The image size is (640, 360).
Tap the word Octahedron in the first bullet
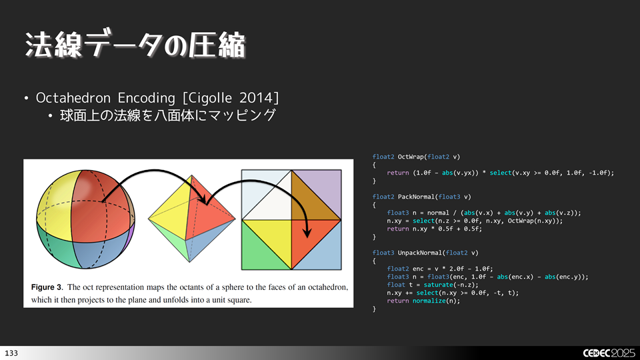click(69, 98)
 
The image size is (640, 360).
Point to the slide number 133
click(11, 352)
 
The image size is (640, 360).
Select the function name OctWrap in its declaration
click(411, 157)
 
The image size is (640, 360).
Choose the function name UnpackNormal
click(421, 253)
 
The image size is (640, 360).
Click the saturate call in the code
click(432, 285)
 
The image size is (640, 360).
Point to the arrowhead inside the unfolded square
click(307, 234)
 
